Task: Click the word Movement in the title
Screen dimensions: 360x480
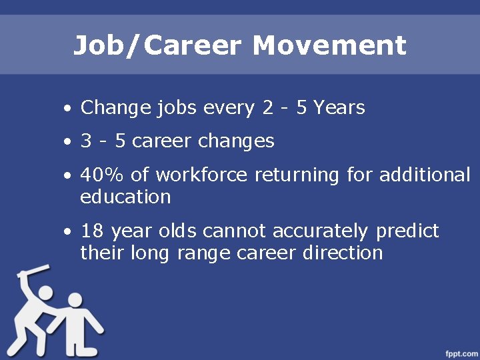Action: (329, 46)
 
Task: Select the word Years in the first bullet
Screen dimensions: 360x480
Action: (339, 108)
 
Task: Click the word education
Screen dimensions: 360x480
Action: (125, 197)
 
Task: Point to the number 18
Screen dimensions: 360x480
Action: (91, 231)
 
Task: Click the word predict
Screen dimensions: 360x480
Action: (407, 231)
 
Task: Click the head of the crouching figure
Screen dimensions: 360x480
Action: (75, 301)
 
